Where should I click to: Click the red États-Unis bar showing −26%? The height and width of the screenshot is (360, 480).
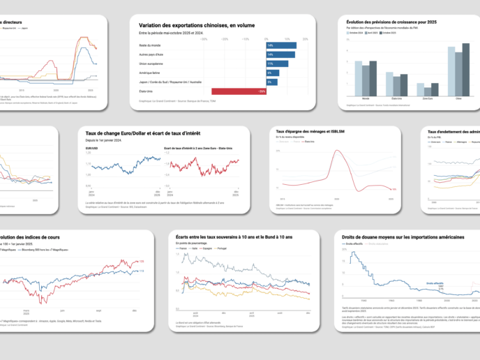point(239,91)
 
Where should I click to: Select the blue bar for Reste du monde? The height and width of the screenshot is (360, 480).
point(281,45)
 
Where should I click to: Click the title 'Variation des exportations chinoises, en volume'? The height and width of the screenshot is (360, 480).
point(197,26)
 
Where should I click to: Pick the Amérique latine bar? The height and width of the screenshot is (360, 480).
point(272,73)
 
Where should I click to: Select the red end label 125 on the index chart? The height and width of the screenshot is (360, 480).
point(141,262)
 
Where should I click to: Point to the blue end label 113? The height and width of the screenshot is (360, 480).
point(141,271)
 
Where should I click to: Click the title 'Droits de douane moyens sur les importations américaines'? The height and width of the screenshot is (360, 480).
point(403,237)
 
